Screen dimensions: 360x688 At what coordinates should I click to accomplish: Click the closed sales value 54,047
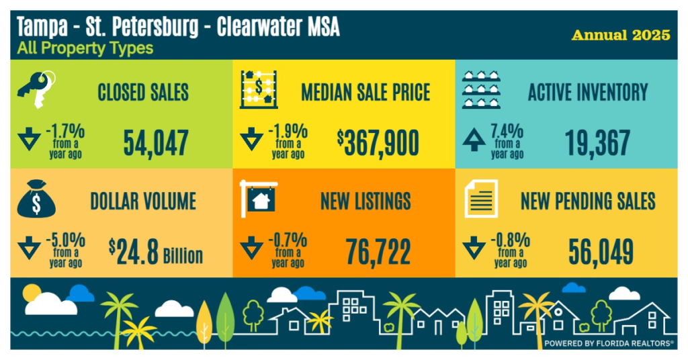(x=155, y=142)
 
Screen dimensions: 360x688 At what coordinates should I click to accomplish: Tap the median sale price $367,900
(x=378, y=142)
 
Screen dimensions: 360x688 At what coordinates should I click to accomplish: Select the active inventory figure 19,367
(x=597, y=142)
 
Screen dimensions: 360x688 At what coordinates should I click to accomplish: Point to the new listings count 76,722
(x=378, y=251)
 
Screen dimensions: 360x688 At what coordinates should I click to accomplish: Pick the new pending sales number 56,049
(x=601, y=251)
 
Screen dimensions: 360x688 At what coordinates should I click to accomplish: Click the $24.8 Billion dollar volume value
(x=156, y=251)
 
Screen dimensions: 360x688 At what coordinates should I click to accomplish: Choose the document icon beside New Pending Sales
(x=481, y=199)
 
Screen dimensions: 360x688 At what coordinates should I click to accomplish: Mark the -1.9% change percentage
(x=289, y=130)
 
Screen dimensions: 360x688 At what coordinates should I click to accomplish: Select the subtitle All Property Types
(x=85, y=48)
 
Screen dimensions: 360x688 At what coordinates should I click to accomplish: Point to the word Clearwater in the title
(x=259, y=28)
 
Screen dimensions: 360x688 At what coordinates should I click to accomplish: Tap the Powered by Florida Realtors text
(x=609, y=343)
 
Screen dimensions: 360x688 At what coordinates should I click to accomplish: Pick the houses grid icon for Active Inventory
(x=481, y=90)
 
